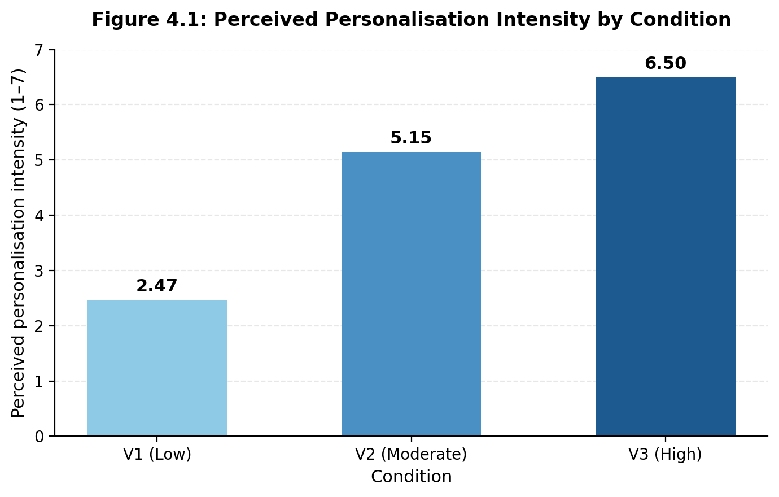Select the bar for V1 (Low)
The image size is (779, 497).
tap(157, 368)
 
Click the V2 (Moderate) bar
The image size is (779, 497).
tap(411, 294)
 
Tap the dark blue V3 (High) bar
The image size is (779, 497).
tap(666, 256)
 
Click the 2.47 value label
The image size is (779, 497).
tap(157, 286)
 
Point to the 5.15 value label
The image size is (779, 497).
tap(411, 137)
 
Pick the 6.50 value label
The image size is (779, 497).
tap(666, 63)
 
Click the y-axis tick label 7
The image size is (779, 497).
tap(40, 50)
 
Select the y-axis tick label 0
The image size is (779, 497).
tap(40, 437)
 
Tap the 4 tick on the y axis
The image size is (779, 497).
tap(40, 216)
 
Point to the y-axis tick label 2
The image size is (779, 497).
tap(40, 326)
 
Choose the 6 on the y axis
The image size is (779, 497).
tap(40, 104)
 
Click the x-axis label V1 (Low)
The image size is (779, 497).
tap(157, 455)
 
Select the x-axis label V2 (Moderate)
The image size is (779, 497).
tap(411, 455)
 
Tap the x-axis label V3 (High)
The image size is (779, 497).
tap(666, 455)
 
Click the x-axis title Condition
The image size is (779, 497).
tap(412, 477)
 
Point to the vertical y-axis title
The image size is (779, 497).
tap(18, 243)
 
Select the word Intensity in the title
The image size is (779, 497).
tap(543, 20)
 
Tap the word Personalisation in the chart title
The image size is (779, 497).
tap(407, 20)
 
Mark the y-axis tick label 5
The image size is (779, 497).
tap(40, 160)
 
